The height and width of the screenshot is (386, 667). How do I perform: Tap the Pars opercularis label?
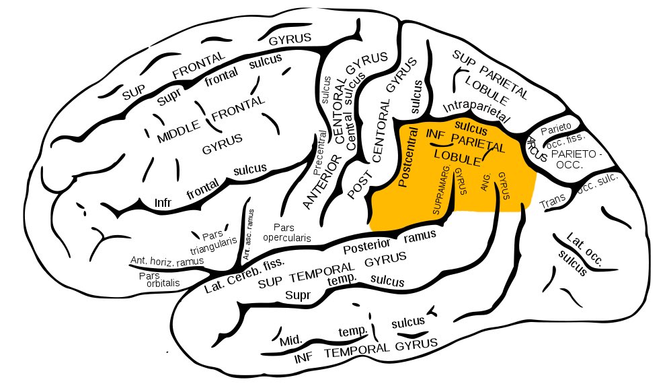286,232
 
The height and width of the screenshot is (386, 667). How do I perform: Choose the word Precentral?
319,157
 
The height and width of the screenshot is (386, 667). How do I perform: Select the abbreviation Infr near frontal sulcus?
163,202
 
